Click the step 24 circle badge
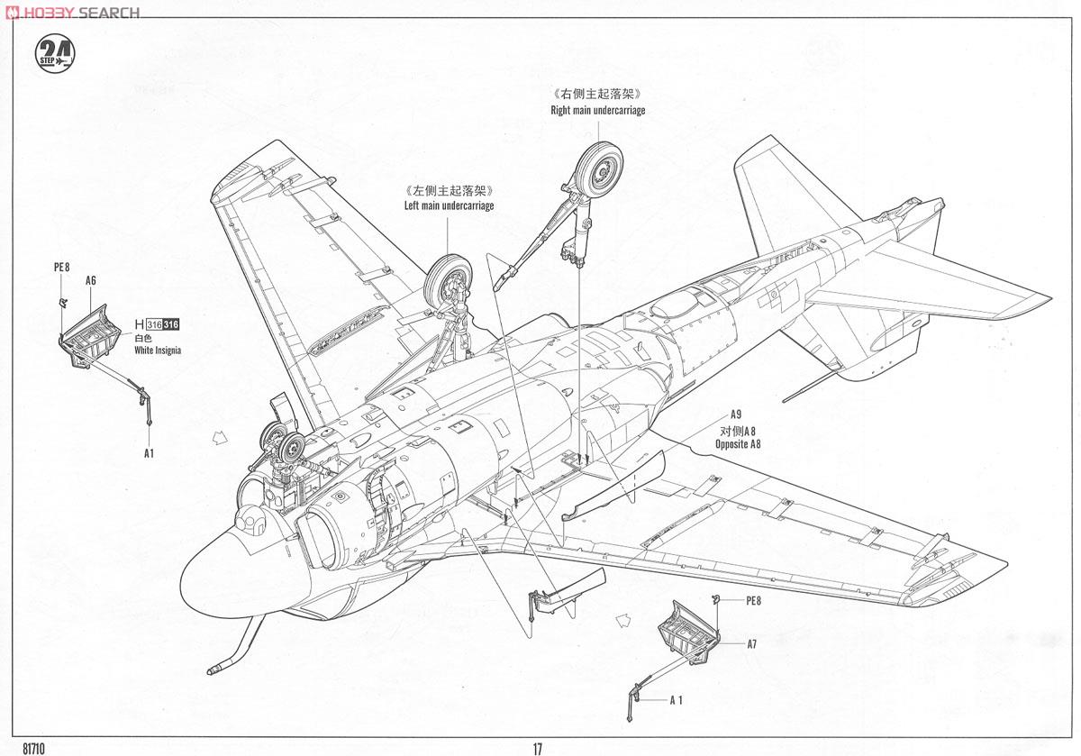[x=55, y=53]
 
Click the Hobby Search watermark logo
[x=72, y=12]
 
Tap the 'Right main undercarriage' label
[x=598, y=111]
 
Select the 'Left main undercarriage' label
[x=449, y=206]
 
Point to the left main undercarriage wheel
[x=448, y=282]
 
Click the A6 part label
[x=91, y=280]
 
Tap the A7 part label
[x=752, y=644]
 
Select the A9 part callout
[x=735, y=414]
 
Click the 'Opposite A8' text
[x=738, y=444]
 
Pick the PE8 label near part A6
[x=62, y=267]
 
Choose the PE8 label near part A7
[x=753, y=600]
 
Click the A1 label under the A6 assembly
[x=149, y=453]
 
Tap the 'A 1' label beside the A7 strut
[x=677, y=700]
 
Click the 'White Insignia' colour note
[x=158, y=351]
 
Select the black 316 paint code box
[x=171, y=325]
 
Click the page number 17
[x=538, y=749]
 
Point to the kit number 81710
[x=34, y=749]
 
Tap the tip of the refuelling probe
[x=209, y=671]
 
